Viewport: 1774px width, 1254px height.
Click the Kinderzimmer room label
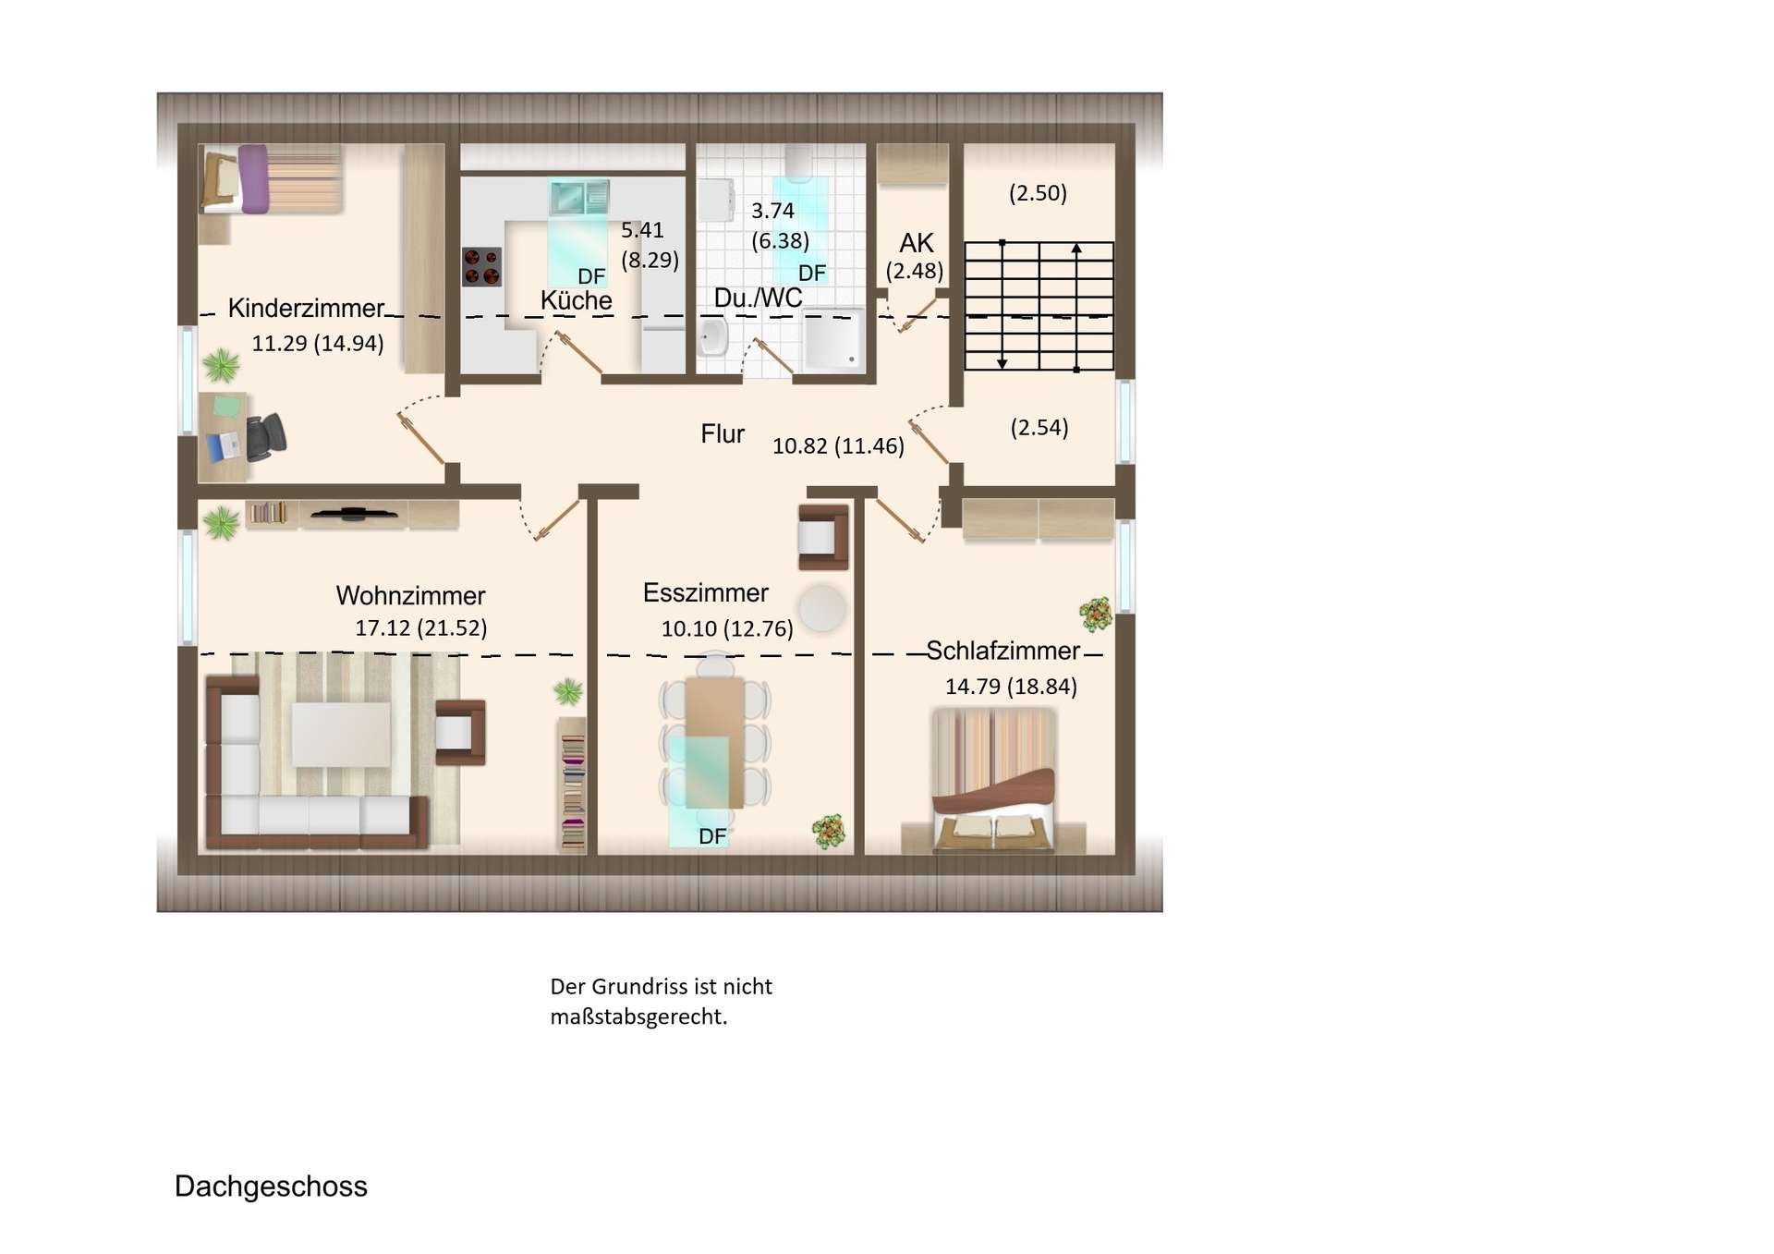point(306,308)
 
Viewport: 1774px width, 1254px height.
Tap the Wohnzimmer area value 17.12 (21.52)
point(421,628)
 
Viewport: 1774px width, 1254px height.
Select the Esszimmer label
point(706,592)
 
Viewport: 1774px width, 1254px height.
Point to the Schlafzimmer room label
point(1002,651)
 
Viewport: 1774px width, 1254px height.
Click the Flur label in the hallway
point(723,433)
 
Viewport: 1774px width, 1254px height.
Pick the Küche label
point(577,300)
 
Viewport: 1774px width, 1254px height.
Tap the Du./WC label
point(758,298)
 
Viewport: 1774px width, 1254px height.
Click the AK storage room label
point(917,243)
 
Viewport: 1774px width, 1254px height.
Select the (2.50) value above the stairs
point(1038,193)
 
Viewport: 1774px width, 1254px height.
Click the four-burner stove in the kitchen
point(482,266)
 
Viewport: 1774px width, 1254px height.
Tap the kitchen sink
point(579,196)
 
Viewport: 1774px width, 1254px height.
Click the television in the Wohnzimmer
point(354,513)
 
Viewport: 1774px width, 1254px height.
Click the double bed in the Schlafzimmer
point(993,781)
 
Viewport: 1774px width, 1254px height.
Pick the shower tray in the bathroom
point(832,340)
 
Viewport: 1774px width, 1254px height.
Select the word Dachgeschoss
point(271,1187)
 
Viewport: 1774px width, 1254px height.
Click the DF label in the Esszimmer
point(712,836)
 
